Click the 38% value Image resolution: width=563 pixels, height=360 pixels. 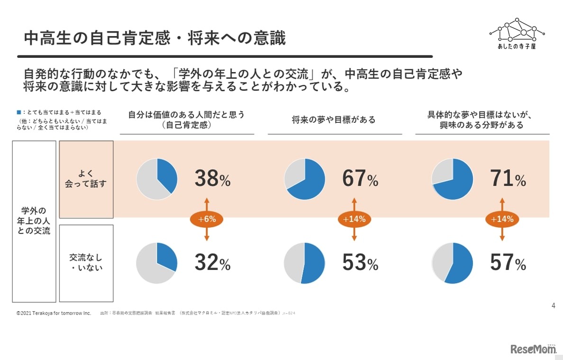pyautogui.click(x=212, y=179)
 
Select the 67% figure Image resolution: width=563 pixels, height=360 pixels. pyautogui.click(x=360, y=179)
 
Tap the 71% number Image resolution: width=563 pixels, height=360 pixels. pyautogui.click(x=508, y=179)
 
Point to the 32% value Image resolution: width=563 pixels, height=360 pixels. pyautogui.click(x=212, y=263)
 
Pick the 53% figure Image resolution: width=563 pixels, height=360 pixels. pyautogui.click(x=360, y=263)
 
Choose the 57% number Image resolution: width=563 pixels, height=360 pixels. pyautogui.click(x=508, y=263)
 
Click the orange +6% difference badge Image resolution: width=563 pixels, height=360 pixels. pyautogui.click(x=207, y=219)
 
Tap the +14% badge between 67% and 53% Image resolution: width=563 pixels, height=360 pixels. pyautogui.click(x=354, y=219)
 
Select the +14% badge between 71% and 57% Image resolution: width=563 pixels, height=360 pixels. pyautogui.click(x=502, y=219)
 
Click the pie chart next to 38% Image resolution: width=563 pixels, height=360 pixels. pyautogui.click(x=157, y=179)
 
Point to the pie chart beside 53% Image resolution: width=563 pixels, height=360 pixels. pyautogui.click(x=304, y=263)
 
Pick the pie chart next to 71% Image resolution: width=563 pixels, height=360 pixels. pyautogui.click(x=452, y=179)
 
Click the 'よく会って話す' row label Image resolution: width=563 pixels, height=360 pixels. pyautogui.click(x=86, y=179)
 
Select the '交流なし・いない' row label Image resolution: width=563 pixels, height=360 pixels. pyautogui.click(x=86, y=263)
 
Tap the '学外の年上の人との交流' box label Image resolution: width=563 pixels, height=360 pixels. pyautogui.click(x=34, y=221)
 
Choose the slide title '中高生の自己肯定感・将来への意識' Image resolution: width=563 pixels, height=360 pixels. pyautogui.click(x=154, y=38)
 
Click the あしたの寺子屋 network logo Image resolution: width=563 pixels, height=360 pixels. pyautogui.click(x=517, y=34)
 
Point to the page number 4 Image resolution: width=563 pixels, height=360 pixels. pyautogui.click(x=553, y=305)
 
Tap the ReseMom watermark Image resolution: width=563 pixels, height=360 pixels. pyautogui.click(x=534, y=349)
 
